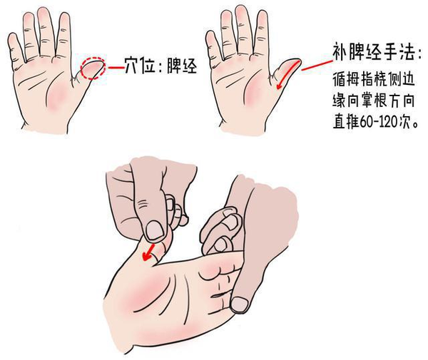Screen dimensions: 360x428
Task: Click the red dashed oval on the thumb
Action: (x=93, y=68)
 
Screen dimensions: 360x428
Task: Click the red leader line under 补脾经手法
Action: (x=313, y=65)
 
